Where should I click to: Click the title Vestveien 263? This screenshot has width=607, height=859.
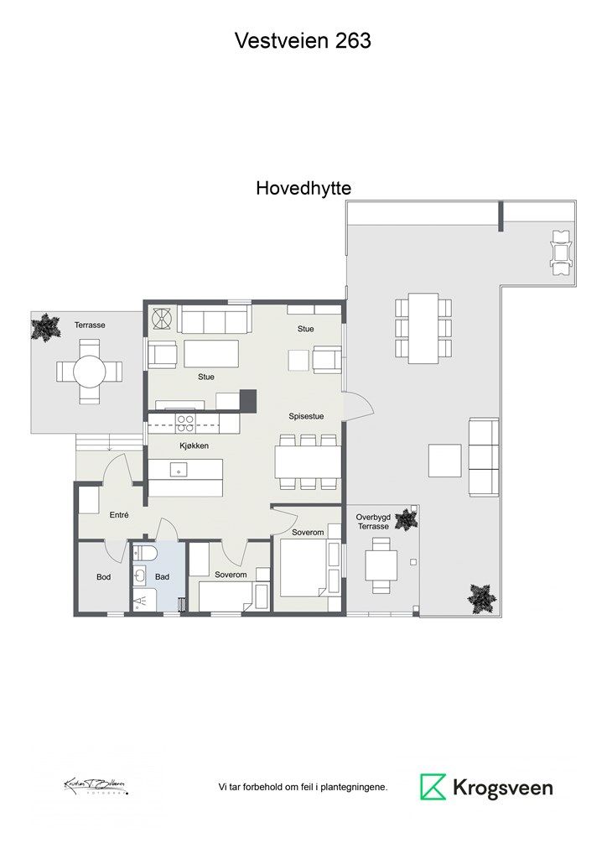pos(303,40)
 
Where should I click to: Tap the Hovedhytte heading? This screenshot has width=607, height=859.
pos(303,190)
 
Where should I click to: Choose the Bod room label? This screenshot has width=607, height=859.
pos(103,577)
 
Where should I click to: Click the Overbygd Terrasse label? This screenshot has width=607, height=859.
pos(373,521)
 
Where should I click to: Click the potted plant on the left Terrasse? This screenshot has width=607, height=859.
pos(45,327)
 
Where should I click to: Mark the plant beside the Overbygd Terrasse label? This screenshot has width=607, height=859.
pos(407,519)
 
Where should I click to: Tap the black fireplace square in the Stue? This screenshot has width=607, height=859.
pos(247,400)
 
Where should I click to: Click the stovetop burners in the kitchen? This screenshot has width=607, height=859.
pos(185,424)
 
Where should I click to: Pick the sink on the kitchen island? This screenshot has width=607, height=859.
pos(177,471)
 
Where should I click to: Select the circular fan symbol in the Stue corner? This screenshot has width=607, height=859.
pos(161,319)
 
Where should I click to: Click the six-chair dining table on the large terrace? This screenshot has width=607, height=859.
pos(423,328)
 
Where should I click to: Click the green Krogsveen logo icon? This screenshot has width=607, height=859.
pos(433,787)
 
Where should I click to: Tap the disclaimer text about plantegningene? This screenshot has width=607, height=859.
pos(303,788)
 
